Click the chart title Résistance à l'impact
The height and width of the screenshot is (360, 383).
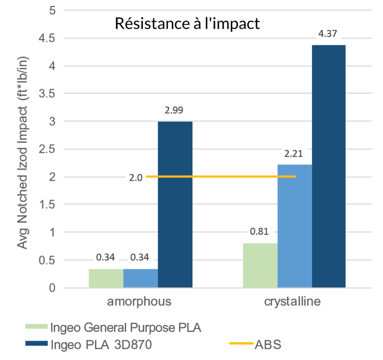[187, 24]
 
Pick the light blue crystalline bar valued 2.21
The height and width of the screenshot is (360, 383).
[295, 226]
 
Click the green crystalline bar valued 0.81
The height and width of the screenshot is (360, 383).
[260, 265]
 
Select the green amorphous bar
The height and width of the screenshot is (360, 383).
[106, 278]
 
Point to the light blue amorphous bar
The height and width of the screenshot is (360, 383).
[140, 278]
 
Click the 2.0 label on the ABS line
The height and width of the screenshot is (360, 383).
[136, 177]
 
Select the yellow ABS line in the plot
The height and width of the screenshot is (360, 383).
[221, 176]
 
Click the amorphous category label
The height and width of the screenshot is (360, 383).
[140, 301]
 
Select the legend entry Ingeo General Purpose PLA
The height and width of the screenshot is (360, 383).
[124, 327]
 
